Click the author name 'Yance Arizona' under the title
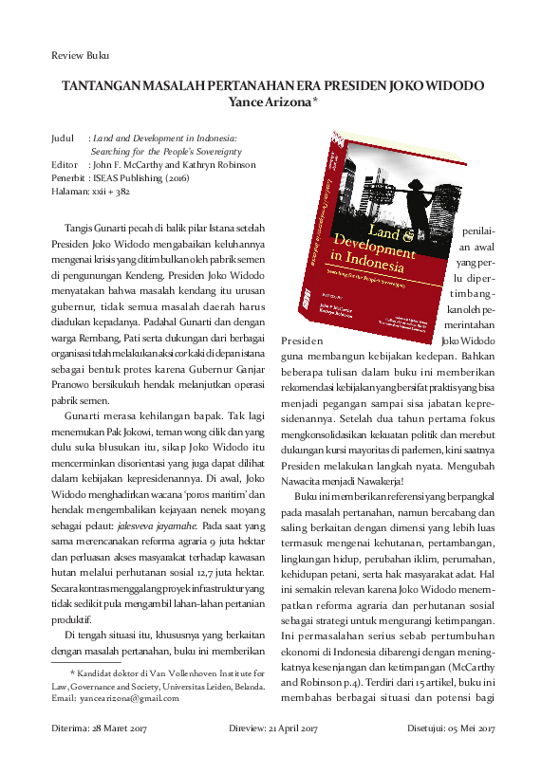271,101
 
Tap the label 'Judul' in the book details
64,138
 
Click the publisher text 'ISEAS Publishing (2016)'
140,177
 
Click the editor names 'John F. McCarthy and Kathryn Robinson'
173,164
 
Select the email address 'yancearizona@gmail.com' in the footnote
135,698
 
